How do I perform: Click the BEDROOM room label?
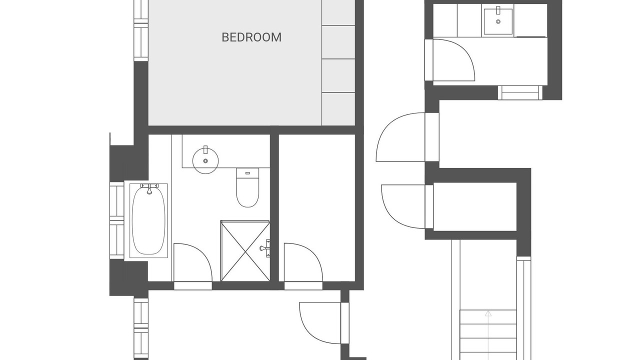251,37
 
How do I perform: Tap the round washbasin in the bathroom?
205,160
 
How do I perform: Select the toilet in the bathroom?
247,187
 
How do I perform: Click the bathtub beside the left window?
148,220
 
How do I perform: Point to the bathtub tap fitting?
149,188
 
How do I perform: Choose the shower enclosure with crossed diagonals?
245,251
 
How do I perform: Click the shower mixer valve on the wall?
265,248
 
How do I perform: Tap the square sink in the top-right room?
498,21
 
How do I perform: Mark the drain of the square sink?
498,21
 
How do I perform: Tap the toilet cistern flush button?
247,173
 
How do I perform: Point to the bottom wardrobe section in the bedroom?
338,109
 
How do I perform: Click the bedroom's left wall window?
141,30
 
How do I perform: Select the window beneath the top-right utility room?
520,92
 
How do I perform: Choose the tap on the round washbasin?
205,150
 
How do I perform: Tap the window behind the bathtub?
117,220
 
